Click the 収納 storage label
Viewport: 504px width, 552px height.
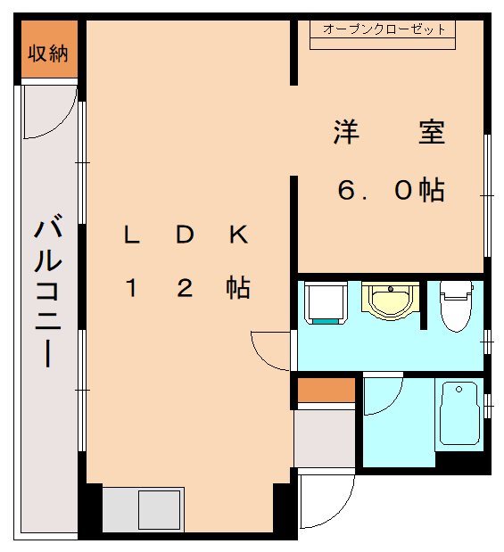[x=46, y=54]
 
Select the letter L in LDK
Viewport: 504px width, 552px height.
[x=131, y=235]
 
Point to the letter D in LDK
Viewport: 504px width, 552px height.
[x=184, y=235]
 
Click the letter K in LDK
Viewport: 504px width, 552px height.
[x=237, y=235]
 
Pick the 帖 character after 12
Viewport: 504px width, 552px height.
[x=237, y=288]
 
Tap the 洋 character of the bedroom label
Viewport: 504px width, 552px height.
[x=346, y=134]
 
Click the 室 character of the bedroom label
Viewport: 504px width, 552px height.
[x=432, y=134]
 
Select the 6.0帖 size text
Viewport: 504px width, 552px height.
[x=390, y=190]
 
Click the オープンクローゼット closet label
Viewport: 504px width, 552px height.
[x=384, y=29]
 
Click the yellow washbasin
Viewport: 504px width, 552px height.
[x=389, y=301]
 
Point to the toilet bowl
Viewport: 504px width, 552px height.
[x=455, y=309]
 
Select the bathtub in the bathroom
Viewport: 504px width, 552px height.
[x=459, y=415]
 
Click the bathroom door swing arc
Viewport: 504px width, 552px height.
[x=382, y=394]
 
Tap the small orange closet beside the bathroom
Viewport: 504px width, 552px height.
[x=326, y=390]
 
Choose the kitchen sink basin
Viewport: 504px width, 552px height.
[x=160, y=509]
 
